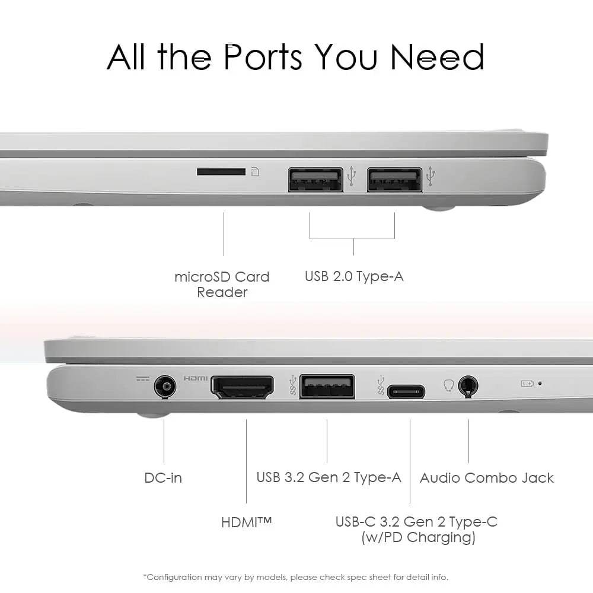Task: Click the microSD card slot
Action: pos(221,172)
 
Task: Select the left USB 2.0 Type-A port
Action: pos(315,179)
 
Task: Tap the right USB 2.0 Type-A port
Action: pos(394,179)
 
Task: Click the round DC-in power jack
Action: pos(165,387)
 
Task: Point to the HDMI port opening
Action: pos(242,387)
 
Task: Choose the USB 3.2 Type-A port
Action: pos(327,387)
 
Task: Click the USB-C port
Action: pos(406,392)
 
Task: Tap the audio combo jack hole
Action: pos(468,386)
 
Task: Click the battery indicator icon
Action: pos(527,384)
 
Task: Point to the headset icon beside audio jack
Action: pos(448,386)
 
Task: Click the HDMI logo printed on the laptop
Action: pos(195,378)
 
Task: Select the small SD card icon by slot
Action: pos(255,172)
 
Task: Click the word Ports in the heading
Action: pos(263,57)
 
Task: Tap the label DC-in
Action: pos(163,477)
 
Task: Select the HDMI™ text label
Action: pos(247,522)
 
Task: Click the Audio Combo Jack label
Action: pos(487,477)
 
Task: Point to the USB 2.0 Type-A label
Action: pos(354,276)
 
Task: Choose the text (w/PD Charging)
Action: pos(418,537)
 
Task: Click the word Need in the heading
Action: pos(437,57)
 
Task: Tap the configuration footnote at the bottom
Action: pos(296,577)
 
